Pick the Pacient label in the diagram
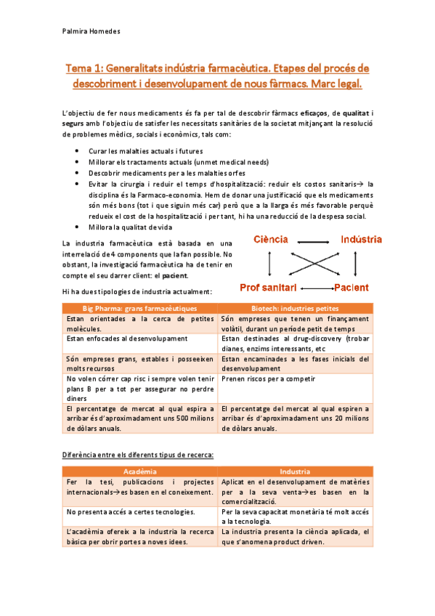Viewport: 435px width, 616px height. coord(354,287)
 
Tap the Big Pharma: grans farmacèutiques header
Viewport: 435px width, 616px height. coord(138,308)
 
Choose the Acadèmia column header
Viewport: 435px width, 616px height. coord(138,471)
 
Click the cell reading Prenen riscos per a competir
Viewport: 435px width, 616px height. coord(265,378)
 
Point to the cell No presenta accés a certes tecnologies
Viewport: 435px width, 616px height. coord(129,512)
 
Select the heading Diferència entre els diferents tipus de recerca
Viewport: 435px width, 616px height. coord(139,454)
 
